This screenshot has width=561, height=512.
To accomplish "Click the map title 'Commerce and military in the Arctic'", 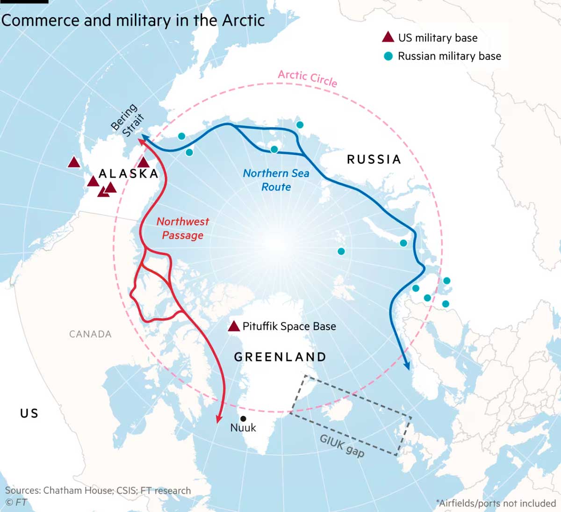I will [x=133, y=21].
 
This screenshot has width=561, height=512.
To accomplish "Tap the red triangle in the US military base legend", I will [x=388, y=37].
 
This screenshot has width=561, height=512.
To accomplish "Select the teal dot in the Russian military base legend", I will [x=388, y=57].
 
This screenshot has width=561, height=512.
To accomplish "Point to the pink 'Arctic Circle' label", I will [x=307, y=78].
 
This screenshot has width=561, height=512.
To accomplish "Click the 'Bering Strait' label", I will [x=128, y=120].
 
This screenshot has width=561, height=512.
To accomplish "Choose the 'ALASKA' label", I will [x=129, y=174].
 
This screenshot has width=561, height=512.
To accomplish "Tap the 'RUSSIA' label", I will [x=374, y=159].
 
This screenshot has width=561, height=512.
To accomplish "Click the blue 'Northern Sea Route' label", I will [x=276, y=180].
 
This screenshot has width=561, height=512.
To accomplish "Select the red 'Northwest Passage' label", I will [x=183, y=228].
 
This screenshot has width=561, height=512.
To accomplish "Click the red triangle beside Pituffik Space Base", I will [x=234, y=326].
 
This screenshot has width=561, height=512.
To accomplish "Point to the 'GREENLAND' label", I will [x=280, y=357].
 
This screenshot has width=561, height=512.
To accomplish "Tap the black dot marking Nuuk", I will [x=243, y=418].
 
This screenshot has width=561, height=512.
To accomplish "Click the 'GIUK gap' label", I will [x=342, y=446].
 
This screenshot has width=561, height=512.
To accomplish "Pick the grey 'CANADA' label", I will [x=90, y=334].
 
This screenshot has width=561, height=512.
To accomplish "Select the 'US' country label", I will [x=29, y=413].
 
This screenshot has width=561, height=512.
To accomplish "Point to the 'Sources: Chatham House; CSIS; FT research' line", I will [x=98, y=490].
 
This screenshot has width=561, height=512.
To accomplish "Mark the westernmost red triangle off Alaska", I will [x=74, y=163].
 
